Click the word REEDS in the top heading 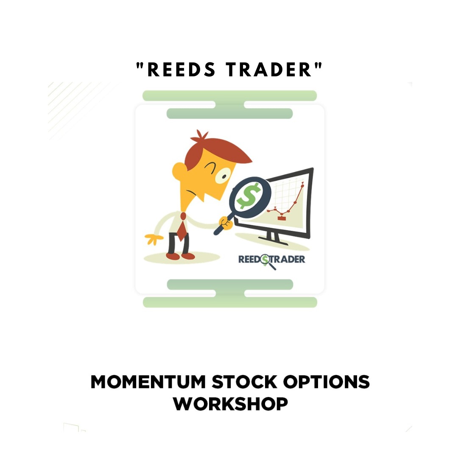tap(182, 70)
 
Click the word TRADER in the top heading tap(269, 70)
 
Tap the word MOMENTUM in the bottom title tap(148, 382)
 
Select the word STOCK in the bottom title tap(245, 382)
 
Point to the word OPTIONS tap(326, 382)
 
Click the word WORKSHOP tap(230, 404)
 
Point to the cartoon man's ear tap(179, 171)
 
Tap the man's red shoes tap(180, 256)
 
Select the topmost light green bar tap(229, 95)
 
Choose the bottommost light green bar tap(230, 302)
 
